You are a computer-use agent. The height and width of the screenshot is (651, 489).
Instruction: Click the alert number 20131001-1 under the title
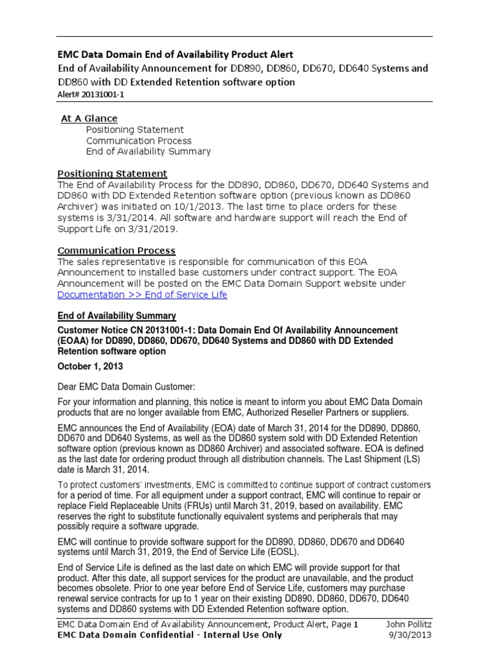[99, 94]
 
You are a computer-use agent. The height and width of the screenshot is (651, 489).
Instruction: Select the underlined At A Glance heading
[89, 118]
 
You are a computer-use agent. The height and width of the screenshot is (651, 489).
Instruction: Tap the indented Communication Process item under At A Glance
[138, 140]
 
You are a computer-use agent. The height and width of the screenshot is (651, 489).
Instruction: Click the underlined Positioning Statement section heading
[112, 174]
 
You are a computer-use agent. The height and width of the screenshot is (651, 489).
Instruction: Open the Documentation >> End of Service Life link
[142, 295]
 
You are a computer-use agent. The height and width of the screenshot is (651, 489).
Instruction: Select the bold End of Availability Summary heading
[117, 316]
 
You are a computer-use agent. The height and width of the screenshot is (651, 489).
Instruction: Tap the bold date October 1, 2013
[90, 367]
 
